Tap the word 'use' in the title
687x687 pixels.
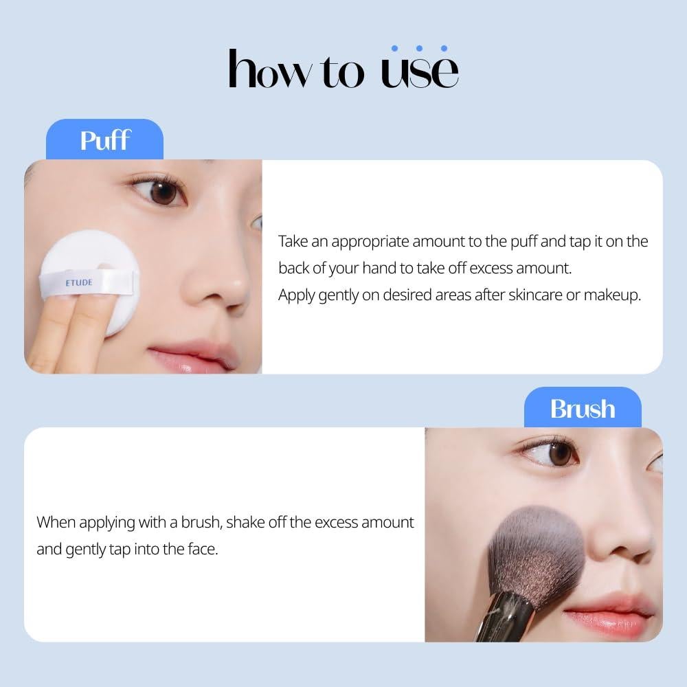(419, 71)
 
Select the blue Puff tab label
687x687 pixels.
(104, 139)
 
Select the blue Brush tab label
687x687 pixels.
(582, 408)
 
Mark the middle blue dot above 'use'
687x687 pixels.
(419, 49)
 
